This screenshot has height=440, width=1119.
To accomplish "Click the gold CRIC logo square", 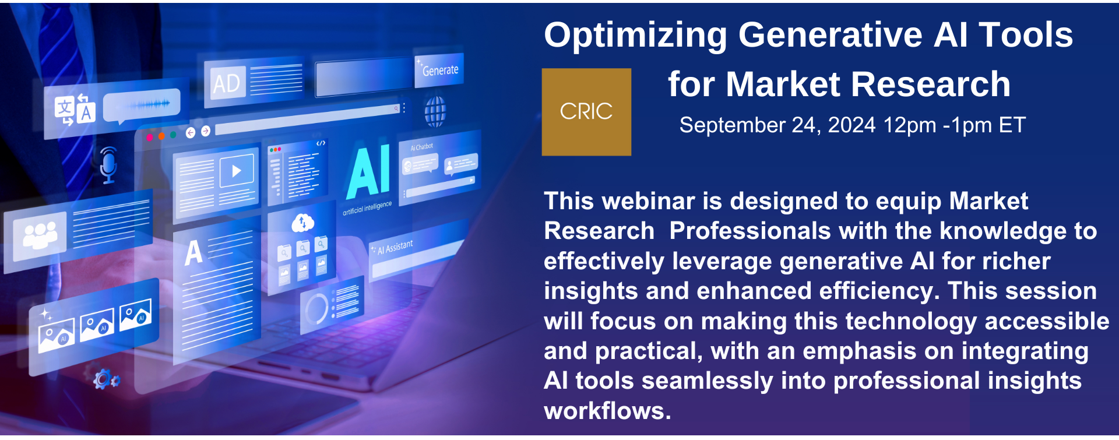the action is [x=586, y=112].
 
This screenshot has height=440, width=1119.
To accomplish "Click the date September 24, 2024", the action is [x=777, y=125].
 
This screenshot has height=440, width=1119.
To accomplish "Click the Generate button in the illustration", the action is [x=439, y=70].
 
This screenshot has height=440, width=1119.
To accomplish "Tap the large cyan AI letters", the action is [x=368, y=172].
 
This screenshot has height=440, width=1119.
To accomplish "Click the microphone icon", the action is [x=108, y=165].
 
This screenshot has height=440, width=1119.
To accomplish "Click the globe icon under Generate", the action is [x=435, y=112].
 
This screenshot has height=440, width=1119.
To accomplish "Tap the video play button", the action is [x=236, y=171].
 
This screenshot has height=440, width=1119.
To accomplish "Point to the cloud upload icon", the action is [x=302, y=222].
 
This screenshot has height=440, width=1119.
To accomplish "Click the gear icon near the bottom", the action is [x=105, y=379].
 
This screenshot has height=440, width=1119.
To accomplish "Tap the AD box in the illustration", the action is [x=226, y=83].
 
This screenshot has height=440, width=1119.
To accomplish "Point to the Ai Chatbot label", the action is [x=422, y=147].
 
